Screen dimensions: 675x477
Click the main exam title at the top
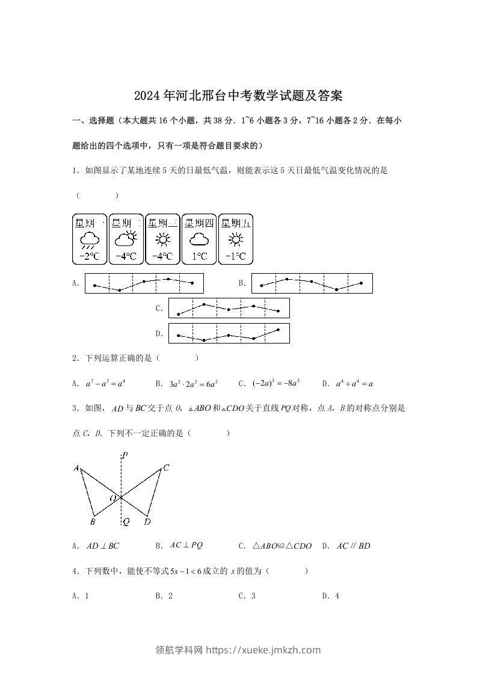click(x=238, y=96)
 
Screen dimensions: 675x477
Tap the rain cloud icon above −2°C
click(x=90, y=240)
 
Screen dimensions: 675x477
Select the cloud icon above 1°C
click(x=199, y=240)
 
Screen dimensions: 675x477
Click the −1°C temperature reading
click(x=235, y=257)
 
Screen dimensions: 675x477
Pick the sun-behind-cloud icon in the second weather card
click(x=126, y=239)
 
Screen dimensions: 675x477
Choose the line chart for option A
click(x=144, y=283)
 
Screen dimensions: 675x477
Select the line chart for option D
click(x=229, y=333)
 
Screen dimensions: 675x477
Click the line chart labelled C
click(x=229, y=308)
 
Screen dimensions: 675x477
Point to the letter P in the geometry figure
click(x=125, y=455)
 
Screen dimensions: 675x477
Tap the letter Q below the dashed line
click(x=126, y=522)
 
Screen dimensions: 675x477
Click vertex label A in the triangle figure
click(x=76, y=468)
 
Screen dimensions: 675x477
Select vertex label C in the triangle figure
click(x=166, y=467)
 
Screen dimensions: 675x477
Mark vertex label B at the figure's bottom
click(x=93, y=522)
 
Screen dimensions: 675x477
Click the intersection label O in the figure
click(x=112, y=498)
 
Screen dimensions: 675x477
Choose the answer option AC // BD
click(x=353, y=546)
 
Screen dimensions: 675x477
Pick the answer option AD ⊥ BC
click(x=103, y=546)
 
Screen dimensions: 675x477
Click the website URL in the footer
click(x=263, y=650)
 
